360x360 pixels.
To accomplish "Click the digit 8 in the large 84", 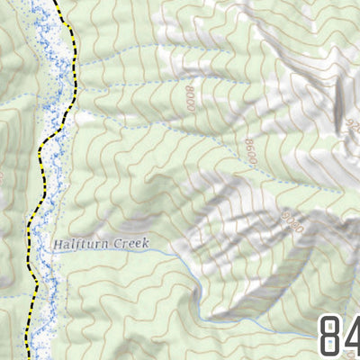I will [332, 335].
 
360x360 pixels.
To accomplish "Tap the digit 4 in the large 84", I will [354, 335].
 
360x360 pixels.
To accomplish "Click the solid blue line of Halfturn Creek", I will [171, 253].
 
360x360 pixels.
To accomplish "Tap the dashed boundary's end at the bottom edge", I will [25, 358].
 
